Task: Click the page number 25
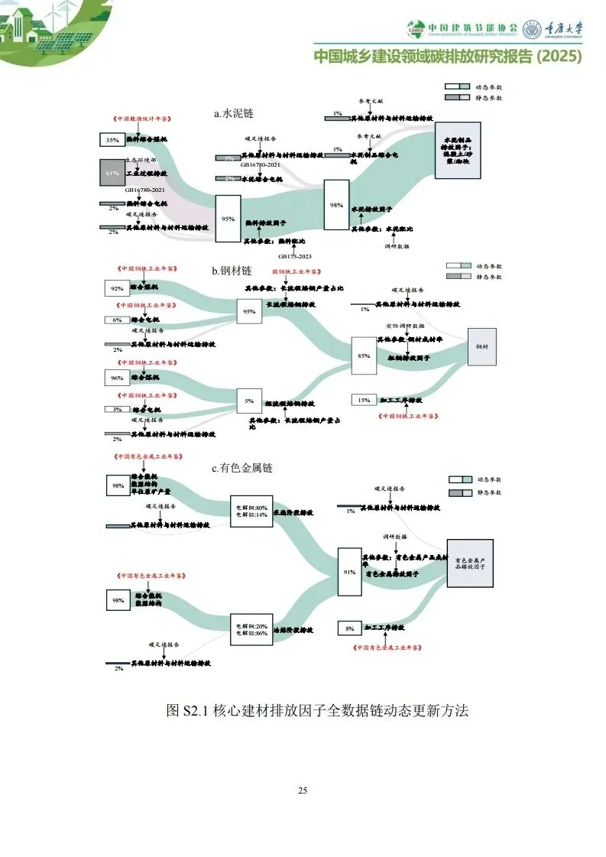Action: coord(303,790)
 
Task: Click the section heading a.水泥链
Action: coord(234,113)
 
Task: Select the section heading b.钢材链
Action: coord(233,271)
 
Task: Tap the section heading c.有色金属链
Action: coord(242,468)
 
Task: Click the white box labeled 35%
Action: coord(112,140)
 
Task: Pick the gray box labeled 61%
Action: coord(111,174)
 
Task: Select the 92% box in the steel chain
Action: coord(117,288)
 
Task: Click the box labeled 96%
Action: coord(117,378)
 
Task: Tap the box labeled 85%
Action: coord(364,355)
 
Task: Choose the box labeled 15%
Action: coord(364,400)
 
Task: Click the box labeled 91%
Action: coord(349,572)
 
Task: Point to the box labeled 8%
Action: coord(349,628)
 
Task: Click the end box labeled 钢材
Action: coord(481,346)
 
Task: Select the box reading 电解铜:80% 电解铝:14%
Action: coord(251,511)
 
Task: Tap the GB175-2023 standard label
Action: coord(293,256)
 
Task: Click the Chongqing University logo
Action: coord(553,29)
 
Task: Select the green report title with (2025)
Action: coord(448,57)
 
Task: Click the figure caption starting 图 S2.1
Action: coord(316,711)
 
